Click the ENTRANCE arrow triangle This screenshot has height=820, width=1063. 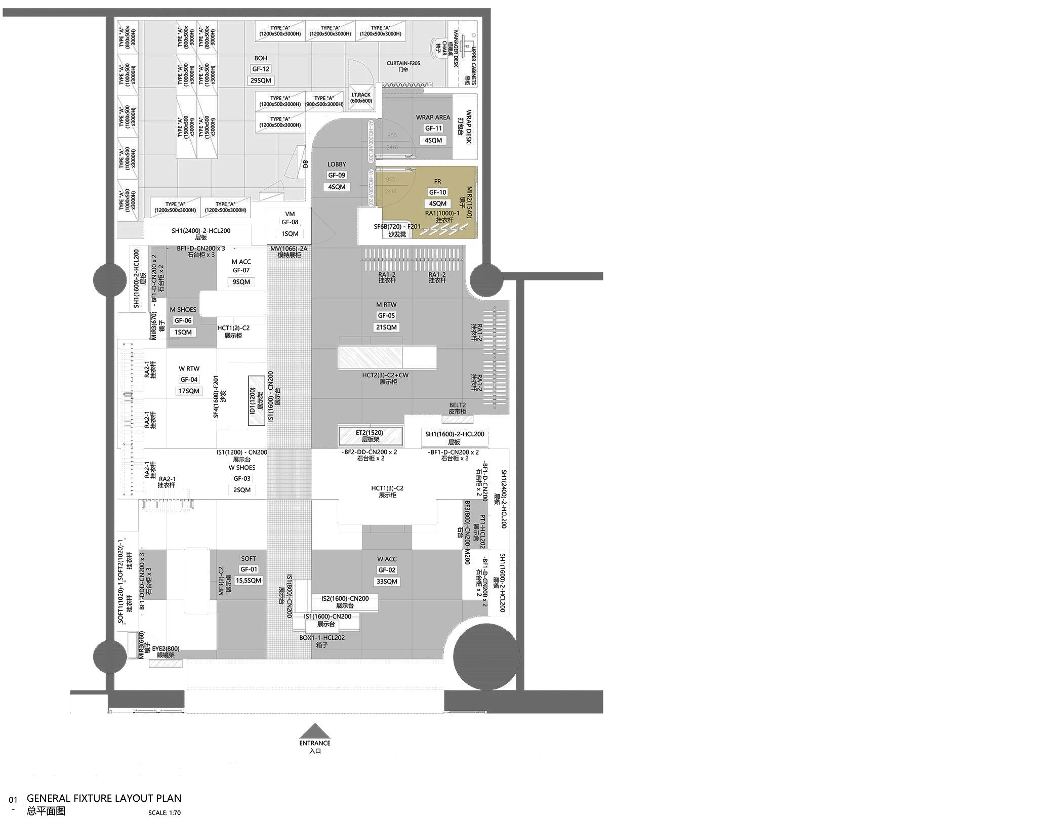[315, 731]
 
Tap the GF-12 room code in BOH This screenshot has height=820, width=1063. [261, 69]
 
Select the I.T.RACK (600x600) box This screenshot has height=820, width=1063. [361, 98]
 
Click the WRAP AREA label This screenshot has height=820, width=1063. [433, 117]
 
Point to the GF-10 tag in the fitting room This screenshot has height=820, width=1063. [437, 192]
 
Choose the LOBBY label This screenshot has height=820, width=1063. [337, 164]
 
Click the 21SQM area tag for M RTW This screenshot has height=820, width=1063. [386, 327]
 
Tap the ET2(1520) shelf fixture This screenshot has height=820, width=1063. [370, 436]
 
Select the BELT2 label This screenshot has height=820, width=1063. [457, 405]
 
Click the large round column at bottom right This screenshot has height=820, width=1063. [486, 657]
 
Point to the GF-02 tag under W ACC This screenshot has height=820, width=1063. [387, 570]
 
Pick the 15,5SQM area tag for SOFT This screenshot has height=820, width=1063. [249, 581]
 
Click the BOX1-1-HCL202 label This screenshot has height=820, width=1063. [322, 638]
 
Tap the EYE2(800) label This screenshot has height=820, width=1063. [166, 649]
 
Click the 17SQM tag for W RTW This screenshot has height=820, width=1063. [189, 391]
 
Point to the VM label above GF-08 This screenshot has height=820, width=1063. [290, 214]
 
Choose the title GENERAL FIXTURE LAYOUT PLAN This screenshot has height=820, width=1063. [104, 798]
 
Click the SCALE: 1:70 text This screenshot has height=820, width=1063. [165, 813]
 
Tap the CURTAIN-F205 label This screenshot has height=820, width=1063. [403, 63]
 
